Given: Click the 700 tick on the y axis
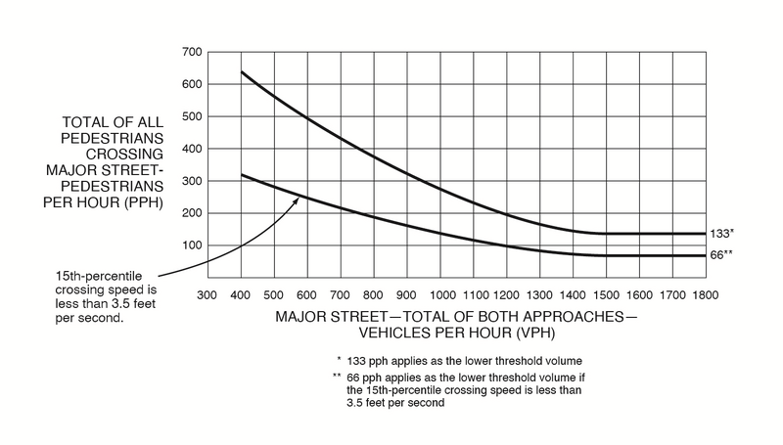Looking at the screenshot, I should tap(191, 51).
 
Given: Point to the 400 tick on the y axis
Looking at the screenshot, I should tap(191, 149).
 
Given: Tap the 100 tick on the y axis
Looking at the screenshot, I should tap(191, 245).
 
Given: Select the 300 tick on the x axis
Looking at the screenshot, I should tap(206, 294).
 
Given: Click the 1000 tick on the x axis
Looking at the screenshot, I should tap(441, 294).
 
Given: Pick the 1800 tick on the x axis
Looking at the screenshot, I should tap(706, 294).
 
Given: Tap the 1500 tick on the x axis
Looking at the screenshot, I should tap(607, 294).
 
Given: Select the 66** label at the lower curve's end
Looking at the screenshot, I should tap(722, 255).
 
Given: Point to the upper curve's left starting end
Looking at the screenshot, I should tap(241, 72).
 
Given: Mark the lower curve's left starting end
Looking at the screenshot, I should tap(241, 175).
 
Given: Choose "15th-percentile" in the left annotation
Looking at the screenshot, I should tap(96, 277).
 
